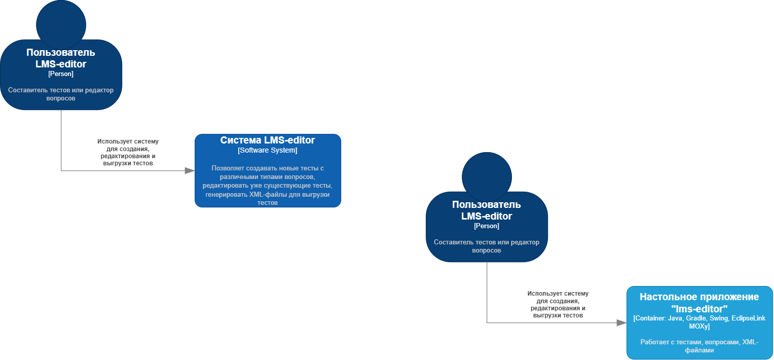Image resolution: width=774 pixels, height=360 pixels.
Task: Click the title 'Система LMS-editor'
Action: pos(268,140)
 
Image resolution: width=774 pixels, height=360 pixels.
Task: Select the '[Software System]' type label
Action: pos(268,151)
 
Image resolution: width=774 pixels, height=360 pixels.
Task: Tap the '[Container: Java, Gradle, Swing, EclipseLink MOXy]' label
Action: pos(699,322)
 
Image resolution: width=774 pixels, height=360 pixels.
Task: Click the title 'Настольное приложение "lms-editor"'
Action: pos(699,303)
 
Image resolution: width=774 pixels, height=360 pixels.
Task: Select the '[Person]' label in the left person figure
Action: pos(61,74)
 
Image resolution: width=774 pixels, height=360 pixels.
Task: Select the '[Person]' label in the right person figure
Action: pos(487,226)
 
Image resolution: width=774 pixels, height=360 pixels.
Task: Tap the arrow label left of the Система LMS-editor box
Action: pos(128,153)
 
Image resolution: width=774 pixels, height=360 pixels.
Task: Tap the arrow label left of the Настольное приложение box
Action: pos(558,304)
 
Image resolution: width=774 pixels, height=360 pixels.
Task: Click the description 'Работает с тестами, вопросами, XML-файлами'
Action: pos(699,346)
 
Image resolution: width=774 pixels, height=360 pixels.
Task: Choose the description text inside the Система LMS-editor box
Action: pos(268,185)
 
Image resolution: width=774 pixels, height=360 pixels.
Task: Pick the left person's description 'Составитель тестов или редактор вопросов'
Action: pos(61,94)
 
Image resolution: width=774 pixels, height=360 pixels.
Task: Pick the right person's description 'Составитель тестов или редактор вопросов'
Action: pos(487,246)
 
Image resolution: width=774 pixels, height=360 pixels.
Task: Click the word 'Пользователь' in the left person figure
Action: pos(61,53)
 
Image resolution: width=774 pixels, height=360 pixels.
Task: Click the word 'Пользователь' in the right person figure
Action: pos(487,205)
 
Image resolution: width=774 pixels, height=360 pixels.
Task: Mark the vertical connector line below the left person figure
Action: pos(61,139)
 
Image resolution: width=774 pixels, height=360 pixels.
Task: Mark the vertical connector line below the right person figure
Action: pos(487,292)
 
